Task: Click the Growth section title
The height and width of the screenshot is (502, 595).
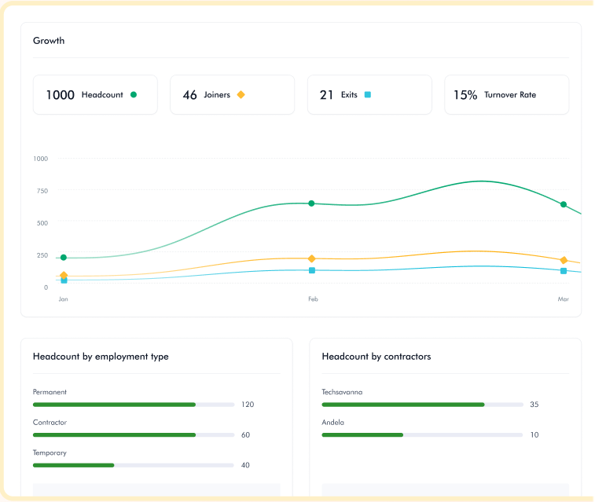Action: tap(49, 41)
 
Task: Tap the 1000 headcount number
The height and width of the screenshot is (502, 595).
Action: tap(60, 95)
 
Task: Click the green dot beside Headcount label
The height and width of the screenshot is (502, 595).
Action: tap(134, 95)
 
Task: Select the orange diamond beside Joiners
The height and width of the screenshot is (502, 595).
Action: tap(241, 95)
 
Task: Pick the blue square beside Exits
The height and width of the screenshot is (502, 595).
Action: tap(367, 95)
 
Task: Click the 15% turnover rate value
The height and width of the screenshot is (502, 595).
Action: tap(465, 95)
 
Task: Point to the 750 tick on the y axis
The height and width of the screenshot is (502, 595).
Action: tap(40, 191)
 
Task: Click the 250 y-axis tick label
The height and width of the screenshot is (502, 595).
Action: tap(40, 255)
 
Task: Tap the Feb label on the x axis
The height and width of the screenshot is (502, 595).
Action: tap(313, 299)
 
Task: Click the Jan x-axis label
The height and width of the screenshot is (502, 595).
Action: tap(63, 299)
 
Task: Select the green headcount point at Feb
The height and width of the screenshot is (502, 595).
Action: tap(311, 203)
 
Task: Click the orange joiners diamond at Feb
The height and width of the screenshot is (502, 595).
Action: tap(311, 258)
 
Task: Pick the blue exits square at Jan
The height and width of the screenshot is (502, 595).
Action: tap(64, 280)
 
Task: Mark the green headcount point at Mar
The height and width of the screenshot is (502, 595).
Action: tap(564, 204)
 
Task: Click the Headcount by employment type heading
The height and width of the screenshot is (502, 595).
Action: tap(101, 357)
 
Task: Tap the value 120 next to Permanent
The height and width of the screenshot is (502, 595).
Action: tap(248, 405)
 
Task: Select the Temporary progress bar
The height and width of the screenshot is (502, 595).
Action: tap(133, 465)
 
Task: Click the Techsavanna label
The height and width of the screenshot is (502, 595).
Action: tap(342, 392)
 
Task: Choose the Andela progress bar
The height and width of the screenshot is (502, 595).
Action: tap(422, 434)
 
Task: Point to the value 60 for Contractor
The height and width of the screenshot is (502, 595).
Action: tap(245, 435)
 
